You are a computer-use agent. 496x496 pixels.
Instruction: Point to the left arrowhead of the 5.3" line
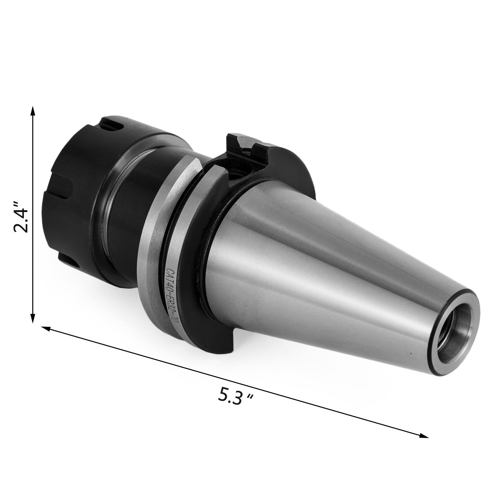click(45, 328)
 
